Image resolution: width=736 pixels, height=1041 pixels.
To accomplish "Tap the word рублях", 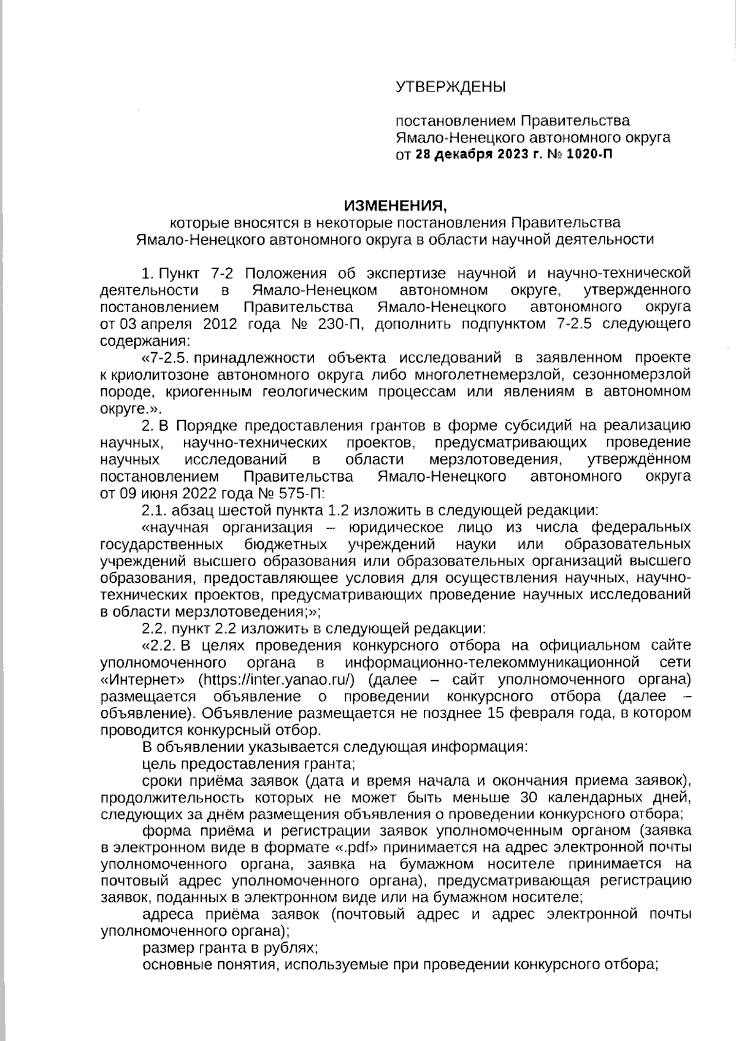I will click(291, 948).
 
